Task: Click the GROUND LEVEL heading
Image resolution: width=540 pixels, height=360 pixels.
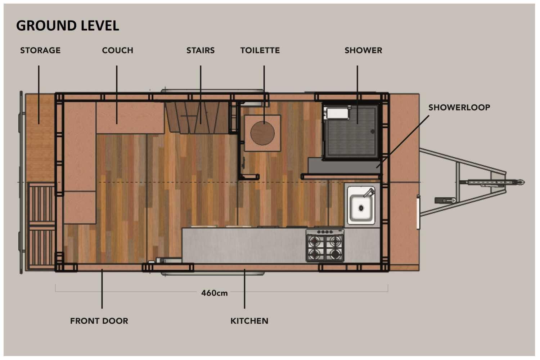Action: [x=68, y=26]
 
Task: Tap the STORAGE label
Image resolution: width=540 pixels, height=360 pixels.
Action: [x=40, y=50]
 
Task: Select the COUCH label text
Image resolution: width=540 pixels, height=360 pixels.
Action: [x=118, y=50]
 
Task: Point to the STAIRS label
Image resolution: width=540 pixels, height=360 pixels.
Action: [x=201, y=50]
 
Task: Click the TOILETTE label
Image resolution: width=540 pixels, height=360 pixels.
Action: [x=260, y=50]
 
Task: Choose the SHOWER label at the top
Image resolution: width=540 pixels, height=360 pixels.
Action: [x=363, y=50]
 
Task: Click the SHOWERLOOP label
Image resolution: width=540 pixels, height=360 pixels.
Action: [x=459, y=108]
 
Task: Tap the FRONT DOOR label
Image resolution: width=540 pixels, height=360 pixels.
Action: [x=99, y=321]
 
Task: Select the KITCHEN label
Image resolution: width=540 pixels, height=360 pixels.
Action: [x=249, y=321]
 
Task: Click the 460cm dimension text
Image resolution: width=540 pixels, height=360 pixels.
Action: [x=214, y=293]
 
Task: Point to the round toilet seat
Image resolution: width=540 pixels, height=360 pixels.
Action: [x=262, y=133]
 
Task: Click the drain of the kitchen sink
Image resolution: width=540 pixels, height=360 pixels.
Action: [x=361, y=208]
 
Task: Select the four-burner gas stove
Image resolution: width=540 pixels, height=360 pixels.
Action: [x=325, y=246]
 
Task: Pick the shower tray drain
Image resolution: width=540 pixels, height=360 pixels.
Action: [x=373, y=132]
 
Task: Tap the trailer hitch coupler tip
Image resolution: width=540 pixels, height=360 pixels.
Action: [x=522, y=182]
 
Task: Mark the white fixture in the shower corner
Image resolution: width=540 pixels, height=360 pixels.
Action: [x=338, y=113]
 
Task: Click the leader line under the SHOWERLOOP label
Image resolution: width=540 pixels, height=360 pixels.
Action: [x=402, y=141]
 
